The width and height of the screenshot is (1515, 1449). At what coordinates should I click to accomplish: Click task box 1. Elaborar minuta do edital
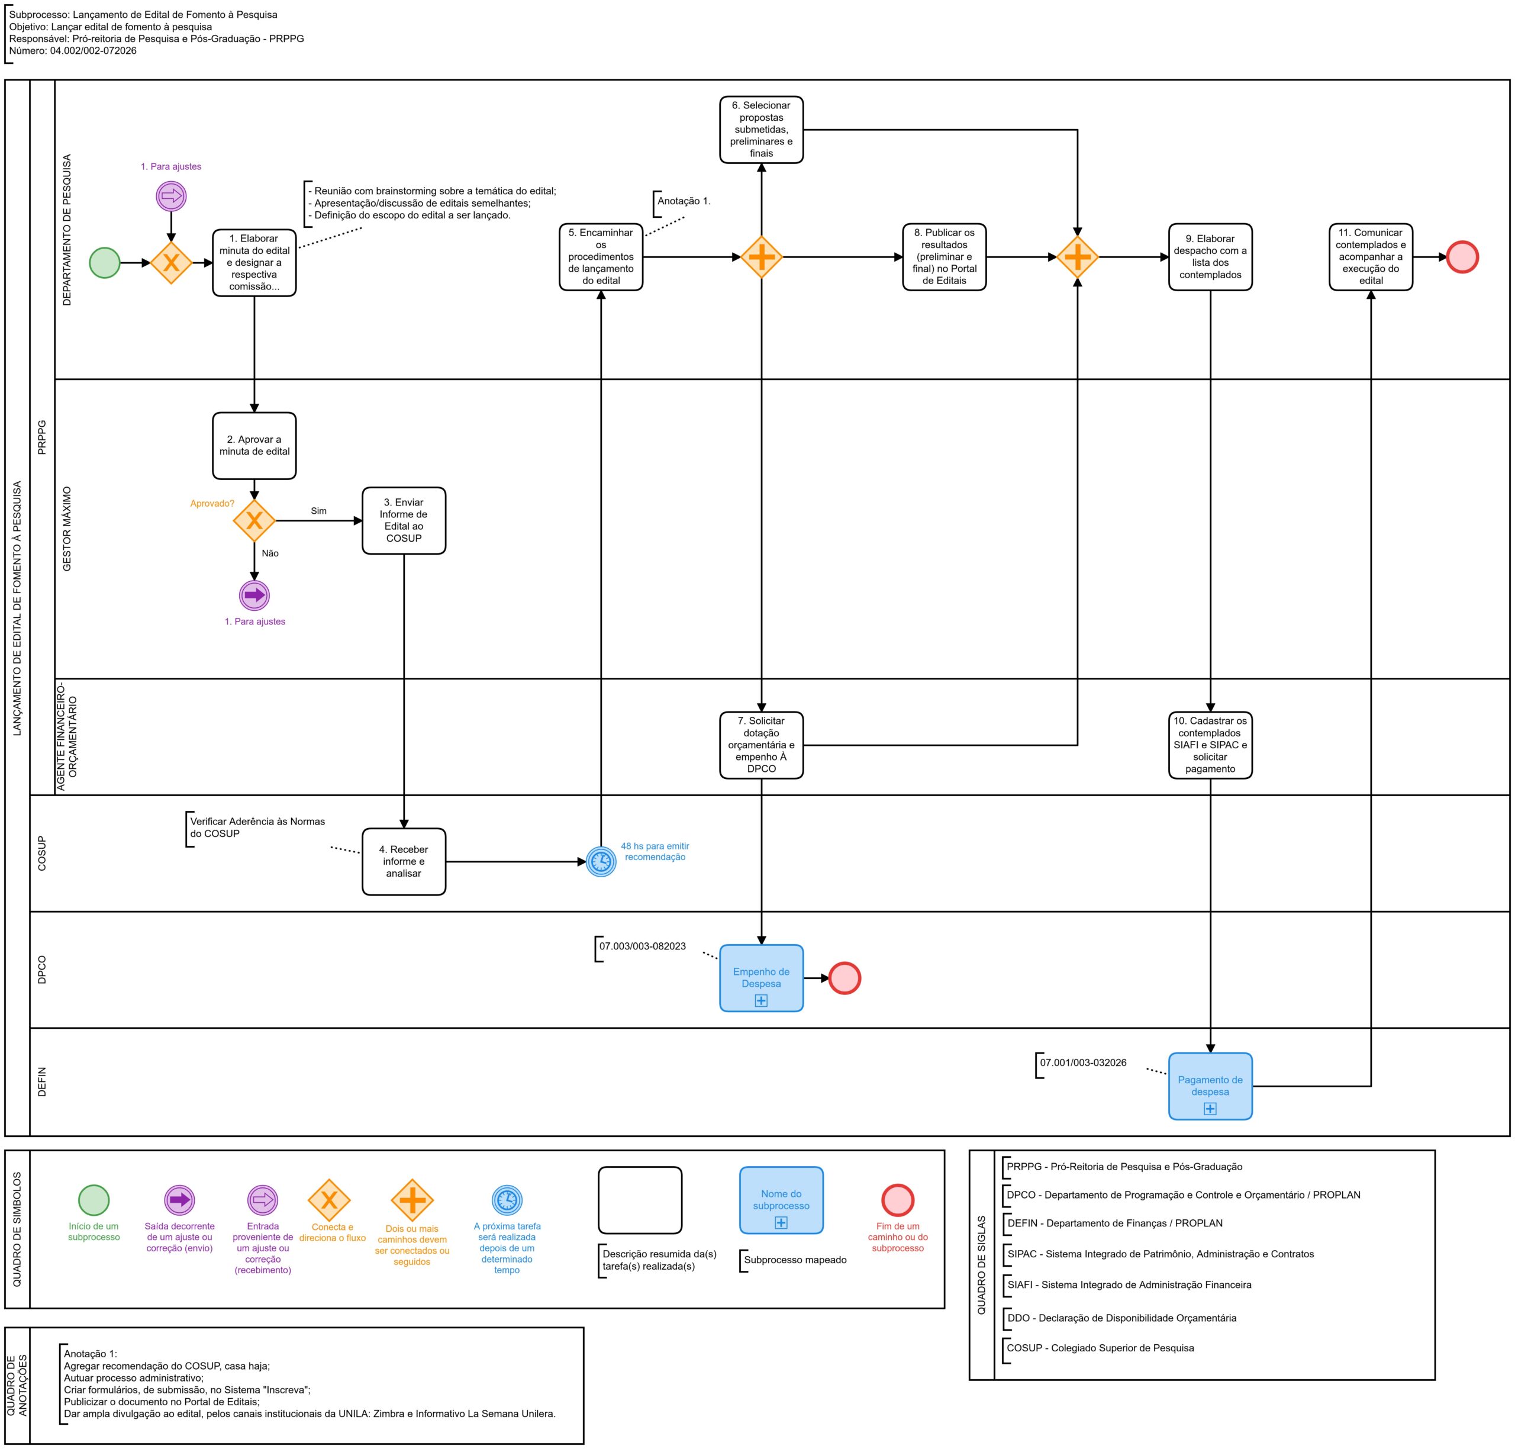(x=254, y=263)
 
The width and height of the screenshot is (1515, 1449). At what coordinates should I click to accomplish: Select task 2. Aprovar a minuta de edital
(x=254, y=446)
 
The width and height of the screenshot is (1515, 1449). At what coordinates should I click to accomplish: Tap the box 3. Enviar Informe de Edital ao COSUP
(x=404, y=521)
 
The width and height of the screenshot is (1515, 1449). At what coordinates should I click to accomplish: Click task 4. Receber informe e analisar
(x=404, y=861)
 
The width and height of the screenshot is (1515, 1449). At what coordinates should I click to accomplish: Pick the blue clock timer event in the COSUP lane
(x=601, y=861)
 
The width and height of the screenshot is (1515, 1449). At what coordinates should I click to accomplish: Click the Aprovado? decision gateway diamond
(x=254, y=521)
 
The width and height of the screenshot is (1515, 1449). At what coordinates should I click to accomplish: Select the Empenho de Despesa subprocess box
(x=762, y=978)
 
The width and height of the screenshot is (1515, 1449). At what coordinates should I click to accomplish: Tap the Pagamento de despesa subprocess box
(x=1210, y=1086)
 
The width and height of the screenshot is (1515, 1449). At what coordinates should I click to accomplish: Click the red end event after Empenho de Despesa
(x=844, y=978)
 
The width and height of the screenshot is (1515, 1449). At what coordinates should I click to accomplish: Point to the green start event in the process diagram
(x=105, y=263)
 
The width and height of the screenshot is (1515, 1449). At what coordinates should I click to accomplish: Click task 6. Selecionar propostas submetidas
(x=762, y=130)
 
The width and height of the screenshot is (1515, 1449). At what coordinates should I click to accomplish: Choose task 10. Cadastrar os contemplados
(x=1210, y=745)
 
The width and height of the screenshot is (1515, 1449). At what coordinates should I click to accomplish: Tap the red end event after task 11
(x=1462, y=257)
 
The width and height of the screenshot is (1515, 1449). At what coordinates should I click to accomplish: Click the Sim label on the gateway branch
(x=319, y=511)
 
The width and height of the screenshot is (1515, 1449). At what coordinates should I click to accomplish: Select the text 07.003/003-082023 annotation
(x=643, y=946)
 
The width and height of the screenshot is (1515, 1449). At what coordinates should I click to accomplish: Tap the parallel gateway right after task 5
(x=762, y=257)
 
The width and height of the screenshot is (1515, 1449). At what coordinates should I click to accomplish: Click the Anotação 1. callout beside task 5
(x=684, y=201)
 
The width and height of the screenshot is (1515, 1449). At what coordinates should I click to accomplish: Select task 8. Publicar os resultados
(x=945, y=257)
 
